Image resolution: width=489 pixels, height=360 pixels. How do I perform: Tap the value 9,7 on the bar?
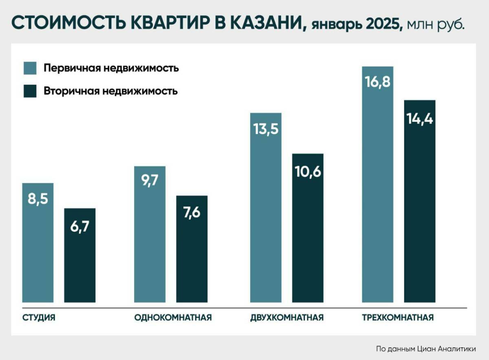(x=150, y=180)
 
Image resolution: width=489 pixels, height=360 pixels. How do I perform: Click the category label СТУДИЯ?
(x=38, y=318)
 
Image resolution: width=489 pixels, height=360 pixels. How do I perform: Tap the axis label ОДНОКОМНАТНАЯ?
(x=173, y=318)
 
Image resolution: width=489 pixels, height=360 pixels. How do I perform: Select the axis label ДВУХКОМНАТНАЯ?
(x=287, y=318)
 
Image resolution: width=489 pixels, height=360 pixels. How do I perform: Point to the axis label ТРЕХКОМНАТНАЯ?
(x=398, y=318)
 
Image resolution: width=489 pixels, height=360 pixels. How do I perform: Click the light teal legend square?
(x=30, y=68)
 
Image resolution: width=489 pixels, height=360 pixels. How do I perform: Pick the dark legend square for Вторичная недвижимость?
(x=30, y=91)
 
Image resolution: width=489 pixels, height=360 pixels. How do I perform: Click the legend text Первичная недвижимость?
(x=111, y=68)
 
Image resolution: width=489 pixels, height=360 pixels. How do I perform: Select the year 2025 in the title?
(x=384, y=24)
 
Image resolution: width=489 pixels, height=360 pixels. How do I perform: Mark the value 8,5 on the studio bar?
(x=37, y=201)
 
